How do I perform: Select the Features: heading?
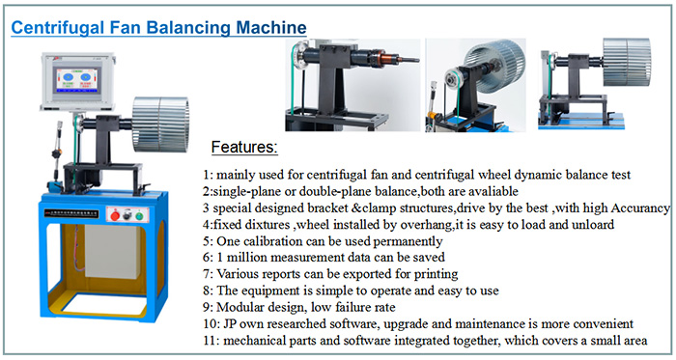click(x=243, y=148)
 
